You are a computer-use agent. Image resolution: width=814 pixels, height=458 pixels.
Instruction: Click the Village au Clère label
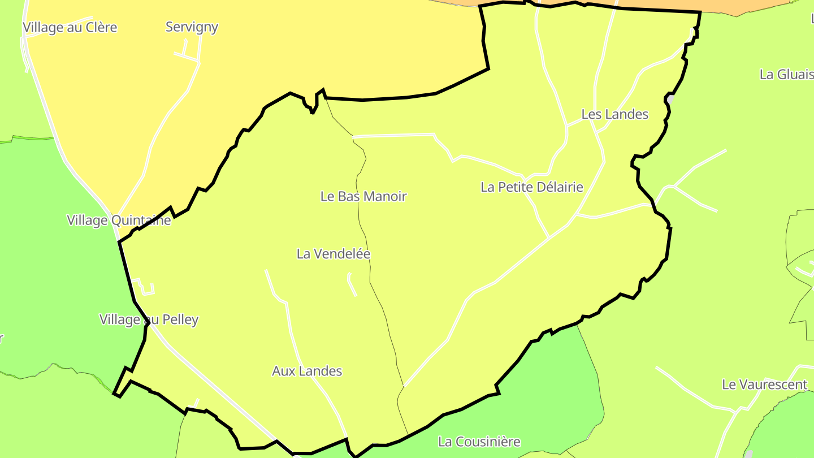pyautogui.click(x=70, y=27)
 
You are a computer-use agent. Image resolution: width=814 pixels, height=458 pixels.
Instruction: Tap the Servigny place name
pyautogui.click(x=192, y=27)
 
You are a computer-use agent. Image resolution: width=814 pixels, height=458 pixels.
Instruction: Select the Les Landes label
pyautogui.click(x=614, y=114)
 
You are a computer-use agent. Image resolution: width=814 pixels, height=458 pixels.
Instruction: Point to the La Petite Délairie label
pyautogui.click(x=531, y=187)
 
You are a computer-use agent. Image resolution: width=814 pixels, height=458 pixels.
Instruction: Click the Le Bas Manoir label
pyautogui.click(x=363, y=197)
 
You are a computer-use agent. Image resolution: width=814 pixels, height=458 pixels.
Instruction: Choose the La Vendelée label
pyautogui.click(x=334, y=254)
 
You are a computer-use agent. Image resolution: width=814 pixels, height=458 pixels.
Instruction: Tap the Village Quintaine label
pyautogui.click(x=119, y=221)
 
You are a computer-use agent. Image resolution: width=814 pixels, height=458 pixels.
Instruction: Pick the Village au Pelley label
pyautogui.click(x=149, y=319)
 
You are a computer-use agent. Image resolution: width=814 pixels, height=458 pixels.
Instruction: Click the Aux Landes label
pyautogui.click(x=307, y=371)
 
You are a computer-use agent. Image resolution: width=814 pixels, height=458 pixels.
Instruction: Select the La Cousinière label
pyautogui.click(x=479, y=441)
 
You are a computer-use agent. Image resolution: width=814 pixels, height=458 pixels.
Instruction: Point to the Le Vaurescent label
pyautogui.click(x=764, y=385)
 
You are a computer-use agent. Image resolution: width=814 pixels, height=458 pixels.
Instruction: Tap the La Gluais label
pyautogui.click(x=786, y=75)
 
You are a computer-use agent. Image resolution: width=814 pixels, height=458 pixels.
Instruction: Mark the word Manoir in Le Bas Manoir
pyautogui.click(x=385, y=197)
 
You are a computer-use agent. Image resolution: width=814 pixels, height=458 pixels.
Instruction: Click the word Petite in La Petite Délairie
pyautogui.click(x=513, y=187)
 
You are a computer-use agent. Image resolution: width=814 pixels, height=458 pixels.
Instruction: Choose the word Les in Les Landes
pyautogui.click(x=591, y=114)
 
